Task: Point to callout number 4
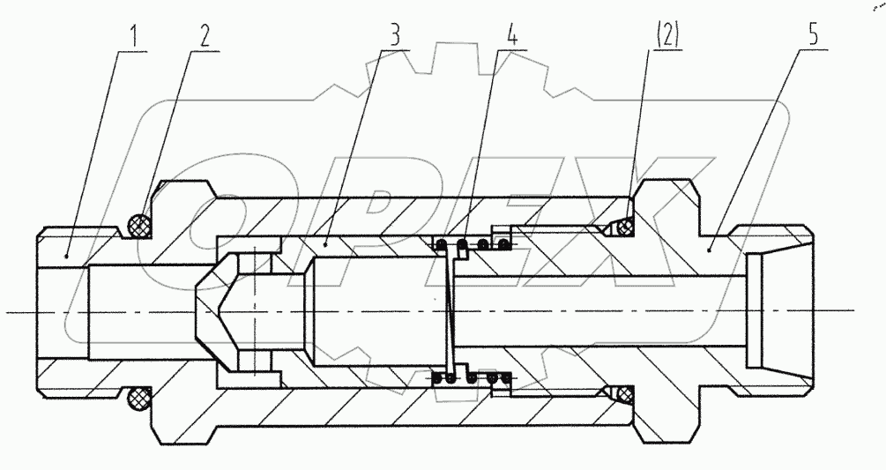[512, 37]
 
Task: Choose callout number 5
[813, 37]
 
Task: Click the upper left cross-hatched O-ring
[138, 226]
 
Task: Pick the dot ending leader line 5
[712, 250]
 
